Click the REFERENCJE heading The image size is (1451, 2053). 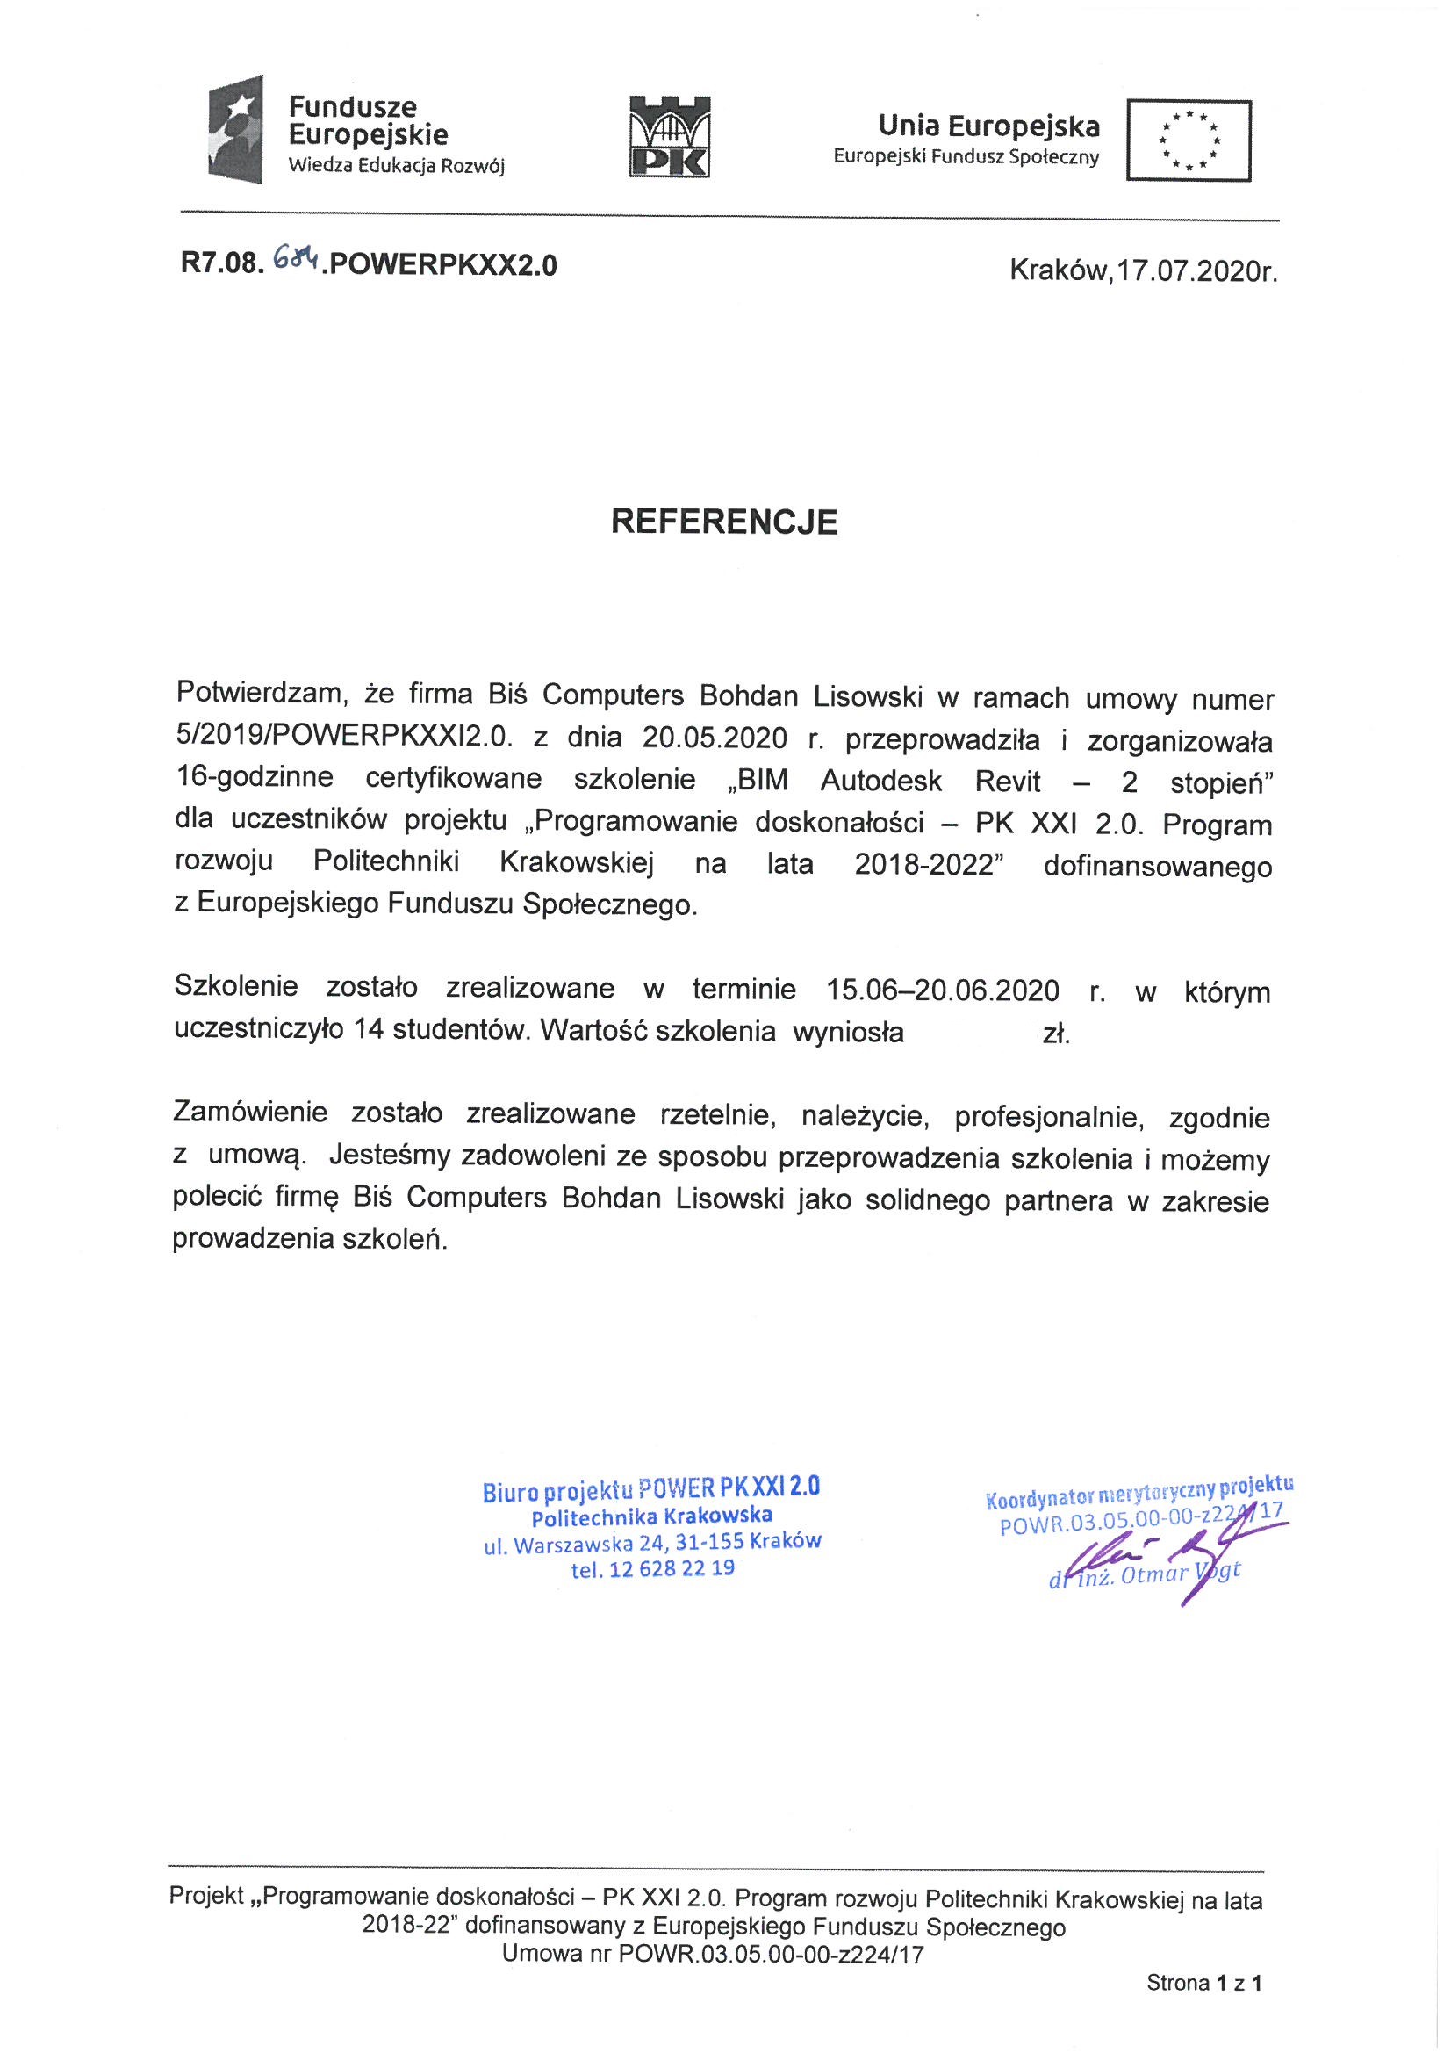pos(724,522)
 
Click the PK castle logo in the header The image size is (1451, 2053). pos(670,136)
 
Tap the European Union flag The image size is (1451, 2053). pos(1189,140)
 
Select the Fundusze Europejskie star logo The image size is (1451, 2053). pos(235,130)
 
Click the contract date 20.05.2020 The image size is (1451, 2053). pos(715,738)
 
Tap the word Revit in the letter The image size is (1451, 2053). pos(1008,782)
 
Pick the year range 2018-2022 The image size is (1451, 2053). pos(924,865)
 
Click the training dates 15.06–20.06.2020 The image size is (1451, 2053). pos(944,990)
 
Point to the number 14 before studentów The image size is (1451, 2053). pos(370,1031)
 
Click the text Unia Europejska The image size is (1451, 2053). pos(988,126)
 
